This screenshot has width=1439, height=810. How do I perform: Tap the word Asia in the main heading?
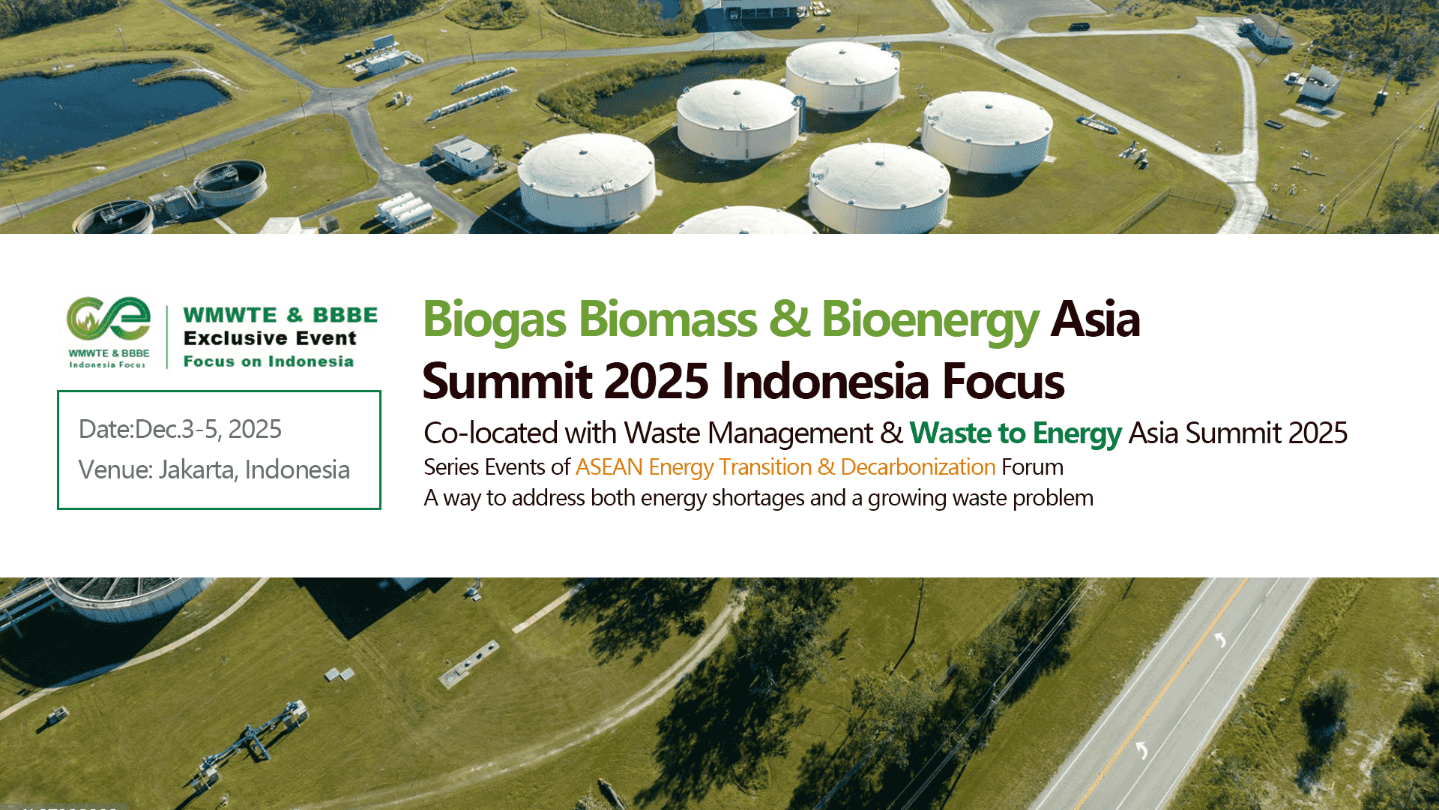click(1095, 319)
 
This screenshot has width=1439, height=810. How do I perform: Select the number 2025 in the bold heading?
click(656, 381)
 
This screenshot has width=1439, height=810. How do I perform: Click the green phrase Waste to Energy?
click(1016, 433)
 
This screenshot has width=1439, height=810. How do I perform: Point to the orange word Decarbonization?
click(918, 467)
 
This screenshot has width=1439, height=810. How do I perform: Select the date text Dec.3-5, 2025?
click(208, 429)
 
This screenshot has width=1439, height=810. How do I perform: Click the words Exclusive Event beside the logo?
click(270, 338)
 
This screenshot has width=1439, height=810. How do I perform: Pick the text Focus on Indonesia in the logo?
click(268, 361)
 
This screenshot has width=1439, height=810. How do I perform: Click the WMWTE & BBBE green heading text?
click(280, 315)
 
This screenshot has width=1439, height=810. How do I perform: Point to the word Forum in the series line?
click(1033, 467)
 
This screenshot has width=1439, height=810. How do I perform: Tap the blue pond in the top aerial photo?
click(105, 105)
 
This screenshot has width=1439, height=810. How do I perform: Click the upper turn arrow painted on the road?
click(1220, 639)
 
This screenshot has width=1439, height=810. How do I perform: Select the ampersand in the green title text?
click(789, 319)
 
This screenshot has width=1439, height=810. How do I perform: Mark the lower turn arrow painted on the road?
click(1141, 749)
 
